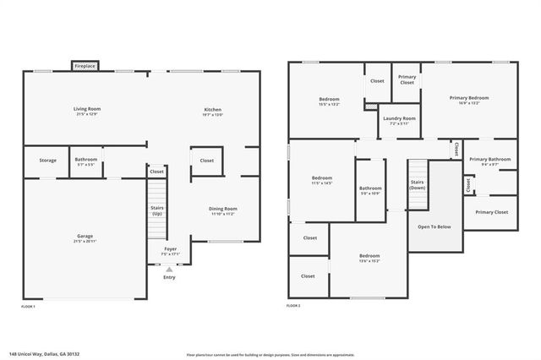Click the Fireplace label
[85, 65]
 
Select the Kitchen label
[212, 109]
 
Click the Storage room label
[47, 160]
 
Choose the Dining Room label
[223, 208]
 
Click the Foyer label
[171, 249]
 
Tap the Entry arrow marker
[169, 269]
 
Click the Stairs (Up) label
[156, 210]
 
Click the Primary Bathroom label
[489, 159]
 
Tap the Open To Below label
[434, 226]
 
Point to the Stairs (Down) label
[418, 184]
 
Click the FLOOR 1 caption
[28, 306]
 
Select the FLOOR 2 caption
[293, 305]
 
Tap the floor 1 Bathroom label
[85, 159]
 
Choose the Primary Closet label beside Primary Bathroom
[490, 212]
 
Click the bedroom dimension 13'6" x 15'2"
[369, 260]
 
